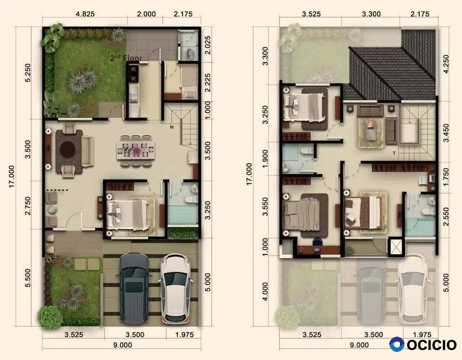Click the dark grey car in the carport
click(134, 288)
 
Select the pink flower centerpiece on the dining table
click(137, 151)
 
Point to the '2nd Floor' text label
click(126, 58)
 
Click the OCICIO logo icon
click(397, 344)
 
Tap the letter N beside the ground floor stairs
click(171, 127)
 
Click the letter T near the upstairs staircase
click(394, 153)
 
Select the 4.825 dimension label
click(85, 14)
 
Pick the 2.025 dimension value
click(208, 45)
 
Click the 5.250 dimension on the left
click(28, 73)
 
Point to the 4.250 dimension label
click(446, 64)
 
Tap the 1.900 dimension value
click(265, 159)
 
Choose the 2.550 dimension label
click(446, 217)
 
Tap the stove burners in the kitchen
click(133, 74)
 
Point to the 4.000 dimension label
click(265, 292)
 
